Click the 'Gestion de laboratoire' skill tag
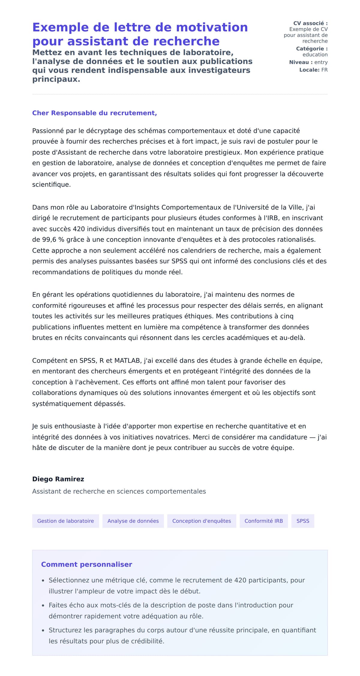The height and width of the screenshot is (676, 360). point(65,521)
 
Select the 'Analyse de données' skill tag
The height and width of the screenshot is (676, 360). point(133,521)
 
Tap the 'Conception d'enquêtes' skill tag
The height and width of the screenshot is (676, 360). point(202,521)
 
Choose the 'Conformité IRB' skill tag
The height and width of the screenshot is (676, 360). point(263,521)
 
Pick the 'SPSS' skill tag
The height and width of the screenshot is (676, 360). point(303,521)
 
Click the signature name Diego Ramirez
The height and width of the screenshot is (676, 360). point(58,479)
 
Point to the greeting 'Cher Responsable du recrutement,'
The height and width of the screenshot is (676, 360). point(94,113)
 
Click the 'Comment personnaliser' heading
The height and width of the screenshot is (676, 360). point(86,564)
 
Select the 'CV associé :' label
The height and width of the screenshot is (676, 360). point(310,23)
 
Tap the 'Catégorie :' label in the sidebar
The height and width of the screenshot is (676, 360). point(312,49)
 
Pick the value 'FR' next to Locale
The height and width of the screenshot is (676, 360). point(324,70)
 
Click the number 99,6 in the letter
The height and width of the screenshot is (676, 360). point(48,240)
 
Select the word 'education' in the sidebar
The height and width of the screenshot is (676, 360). point(315,55)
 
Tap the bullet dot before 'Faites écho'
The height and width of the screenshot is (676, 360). point(43,606)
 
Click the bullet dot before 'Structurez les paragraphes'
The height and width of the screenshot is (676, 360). point(43,631)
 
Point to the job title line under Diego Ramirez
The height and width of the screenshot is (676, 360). point(119,491)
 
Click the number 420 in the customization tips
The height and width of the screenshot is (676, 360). point(240,580)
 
